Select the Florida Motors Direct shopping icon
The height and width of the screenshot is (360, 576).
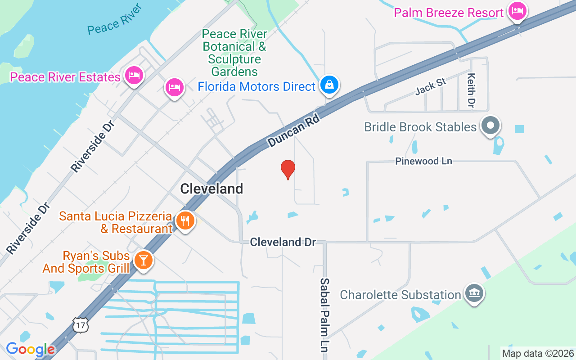click(329, 85)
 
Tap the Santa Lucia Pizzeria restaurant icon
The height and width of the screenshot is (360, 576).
click(185, 221)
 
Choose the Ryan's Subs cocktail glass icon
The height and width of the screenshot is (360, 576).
click(144, 261)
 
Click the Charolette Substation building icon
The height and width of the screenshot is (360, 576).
click(474, 294)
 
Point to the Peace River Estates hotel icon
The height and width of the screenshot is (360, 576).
click(134, 76)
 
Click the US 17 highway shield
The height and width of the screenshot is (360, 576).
click(80, 325)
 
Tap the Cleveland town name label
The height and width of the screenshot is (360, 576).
click(211, 189)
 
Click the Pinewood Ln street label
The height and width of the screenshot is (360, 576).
click(423, 161)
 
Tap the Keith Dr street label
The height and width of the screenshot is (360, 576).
click(471, 90)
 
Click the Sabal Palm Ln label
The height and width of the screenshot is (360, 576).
click(325, 315)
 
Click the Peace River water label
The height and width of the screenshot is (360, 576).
click(115, 20)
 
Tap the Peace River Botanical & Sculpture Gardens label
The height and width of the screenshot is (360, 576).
click(234, 53)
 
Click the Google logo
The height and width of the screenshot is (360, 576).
click(30, 349)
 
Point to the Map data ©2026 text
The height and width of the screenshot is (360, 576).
click(538, 354)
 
